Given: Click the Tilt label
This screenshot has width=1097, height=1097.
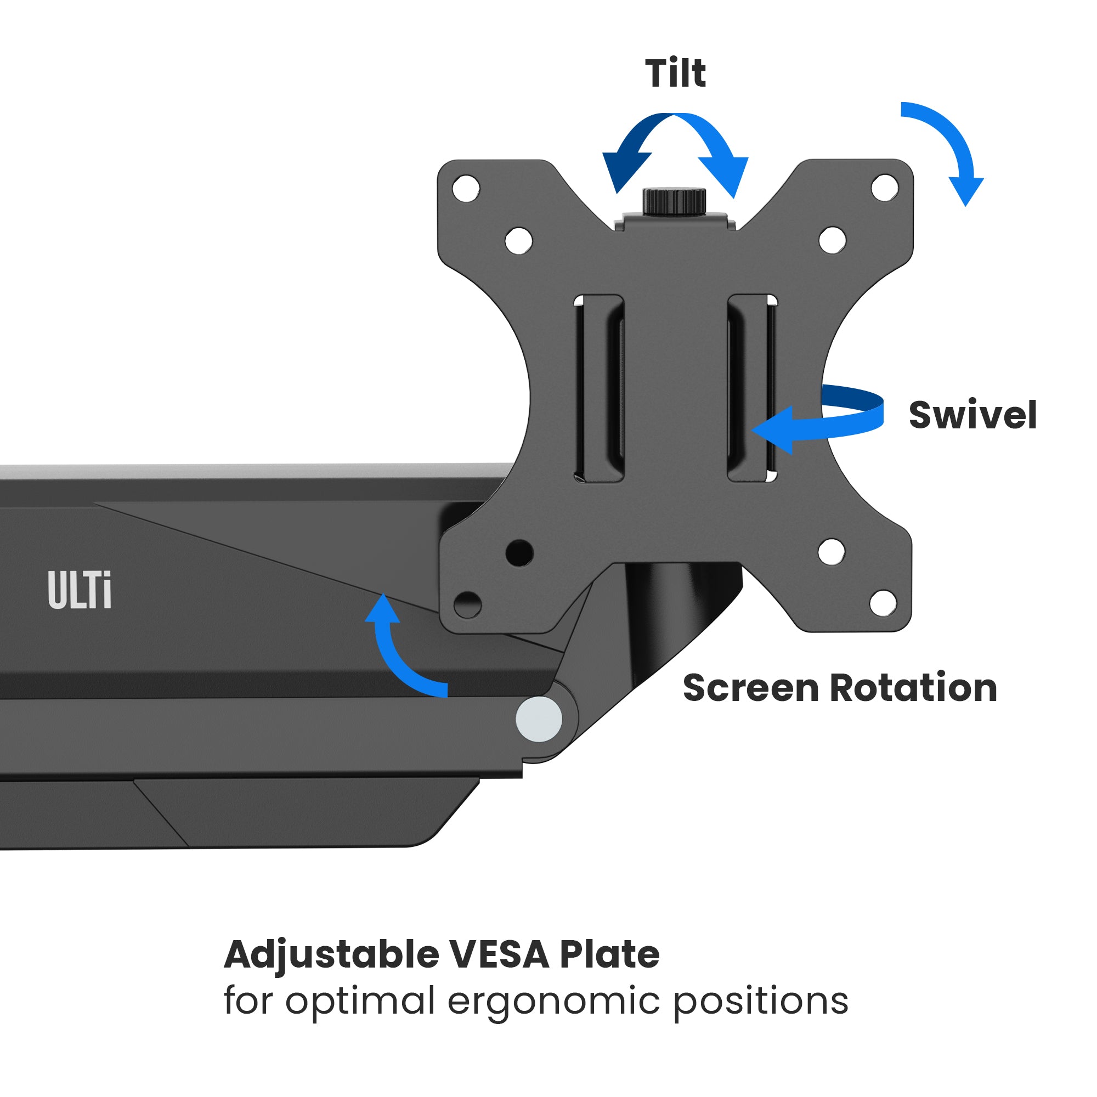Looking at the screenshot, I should click(x=675, y=73).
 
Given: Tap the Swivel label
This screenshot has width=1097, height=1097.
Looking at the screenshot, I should click(x=972, y=415).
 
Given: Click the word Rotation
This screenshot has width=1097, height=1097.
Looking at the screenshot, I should click(x=914, y=688).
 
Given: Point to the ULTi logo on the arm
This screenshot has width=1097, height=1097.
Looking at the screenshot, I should click(x=80, y=591).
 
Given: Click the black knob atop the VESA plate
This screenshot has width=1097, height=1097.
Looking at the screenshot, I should click(x=674, y=201).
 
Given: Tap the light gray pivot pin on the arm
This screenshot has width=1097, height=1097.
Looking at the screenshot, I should click(x=539, y=719).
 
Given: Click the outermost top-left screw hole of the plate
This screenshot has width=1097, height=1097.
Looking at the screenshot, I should click(x=466, y=188).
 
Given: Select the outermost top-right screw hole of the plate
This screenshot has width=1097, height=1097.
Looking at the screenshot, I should click(x=885, y=188).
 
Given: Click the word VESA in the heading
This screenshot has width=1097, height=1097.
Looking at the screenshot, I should click(x=499, y=954).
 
